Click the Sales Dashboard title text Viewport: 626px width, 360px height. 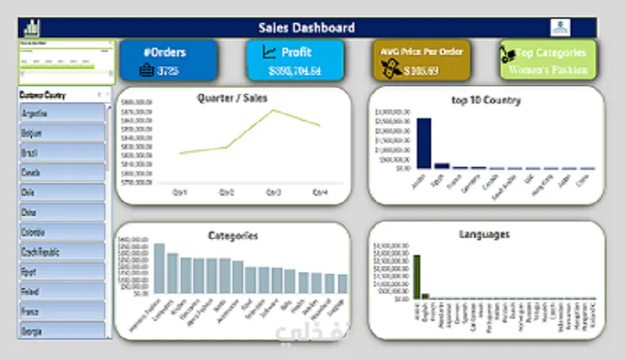pos(307,27)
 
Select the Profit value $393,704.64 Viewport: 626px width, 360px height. pos(295,71)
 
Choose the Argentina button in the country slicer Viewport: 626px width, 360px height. pos(61,113)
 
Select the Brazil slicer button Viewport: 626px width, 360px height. pos(61,153)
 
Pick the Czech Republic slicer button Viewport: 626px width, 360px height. pos(61,252)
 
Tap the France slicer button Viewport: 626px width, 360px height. pos(61,311)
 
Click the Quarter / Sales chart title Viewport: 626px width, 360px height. pos(232,98)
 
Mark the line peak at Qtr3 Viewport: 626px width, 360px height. pos(273,110)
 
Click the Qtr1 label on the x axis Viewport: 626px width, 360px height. pos(181,192)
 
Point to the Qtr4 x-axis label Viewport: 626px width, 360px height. pos(319,192)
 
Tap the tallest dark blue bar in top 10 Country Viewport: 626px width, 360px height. pos(423,142)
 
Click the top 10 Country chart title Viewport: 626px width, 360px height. pos(486,100)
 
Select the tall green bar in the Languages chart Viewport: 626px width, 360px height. pos(417,276)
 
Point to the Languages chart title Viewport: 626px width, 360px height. pos(486,233)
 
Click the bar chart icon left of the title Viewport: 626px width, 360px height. pos(33,27)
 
